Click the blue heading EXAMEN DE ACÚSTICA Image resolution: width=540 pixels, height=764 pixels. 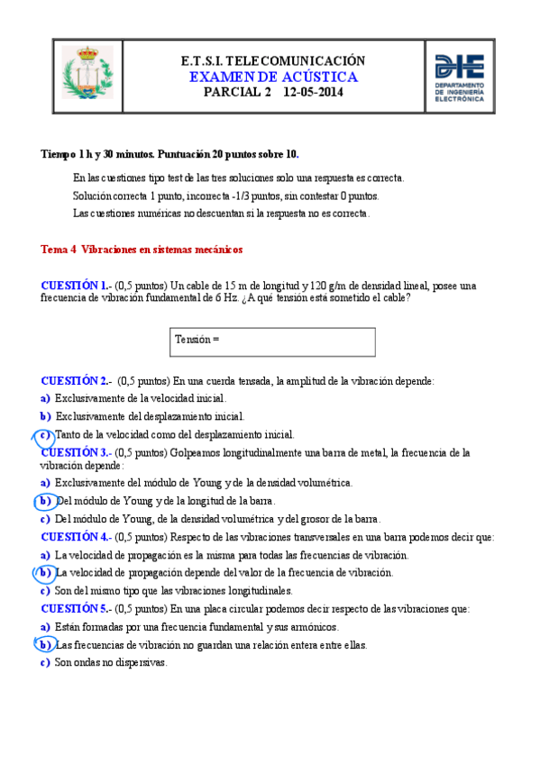click(273, 77)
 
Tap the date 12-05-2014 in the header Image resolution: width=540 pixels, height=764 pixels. click(313, 92)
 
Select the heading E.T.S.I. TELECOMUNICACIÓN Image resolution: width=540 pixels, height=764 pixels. click(273, 60)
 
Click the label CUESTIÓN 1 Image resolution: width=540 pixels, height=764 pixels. click(76, 286)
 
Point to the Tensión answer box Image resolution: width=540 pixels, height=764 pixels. click(273, 341)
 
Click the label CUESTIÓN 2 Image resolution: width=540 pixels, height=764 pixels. click(76, 381)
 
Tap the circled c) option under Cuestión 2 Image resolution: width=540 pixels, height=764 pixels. click(44, 434)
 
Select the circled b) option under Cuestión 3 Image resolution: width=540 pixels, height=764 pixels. click(44, 501)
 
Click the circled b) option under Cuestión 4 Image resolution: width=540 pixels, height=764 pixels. click(44, 572)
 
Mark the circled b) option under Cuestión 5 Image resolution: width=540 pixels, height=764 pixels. click(44, 645)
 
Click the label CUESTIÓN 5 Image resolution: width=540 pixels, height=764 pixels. click(76, 609)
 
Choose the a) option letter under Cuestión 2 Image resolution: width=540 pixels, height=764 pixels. click(45, 397)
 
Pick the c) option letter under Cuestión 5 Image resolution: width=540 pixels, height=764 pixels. click(45, 663)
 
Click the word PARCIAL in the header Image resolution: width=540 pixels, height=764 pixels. click(230, 92)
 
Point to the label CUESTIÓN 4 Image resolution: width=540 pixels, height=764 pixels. click(76, 537)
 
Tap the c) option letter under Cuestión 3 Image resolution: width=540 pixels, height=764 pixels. click(45, 519)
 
